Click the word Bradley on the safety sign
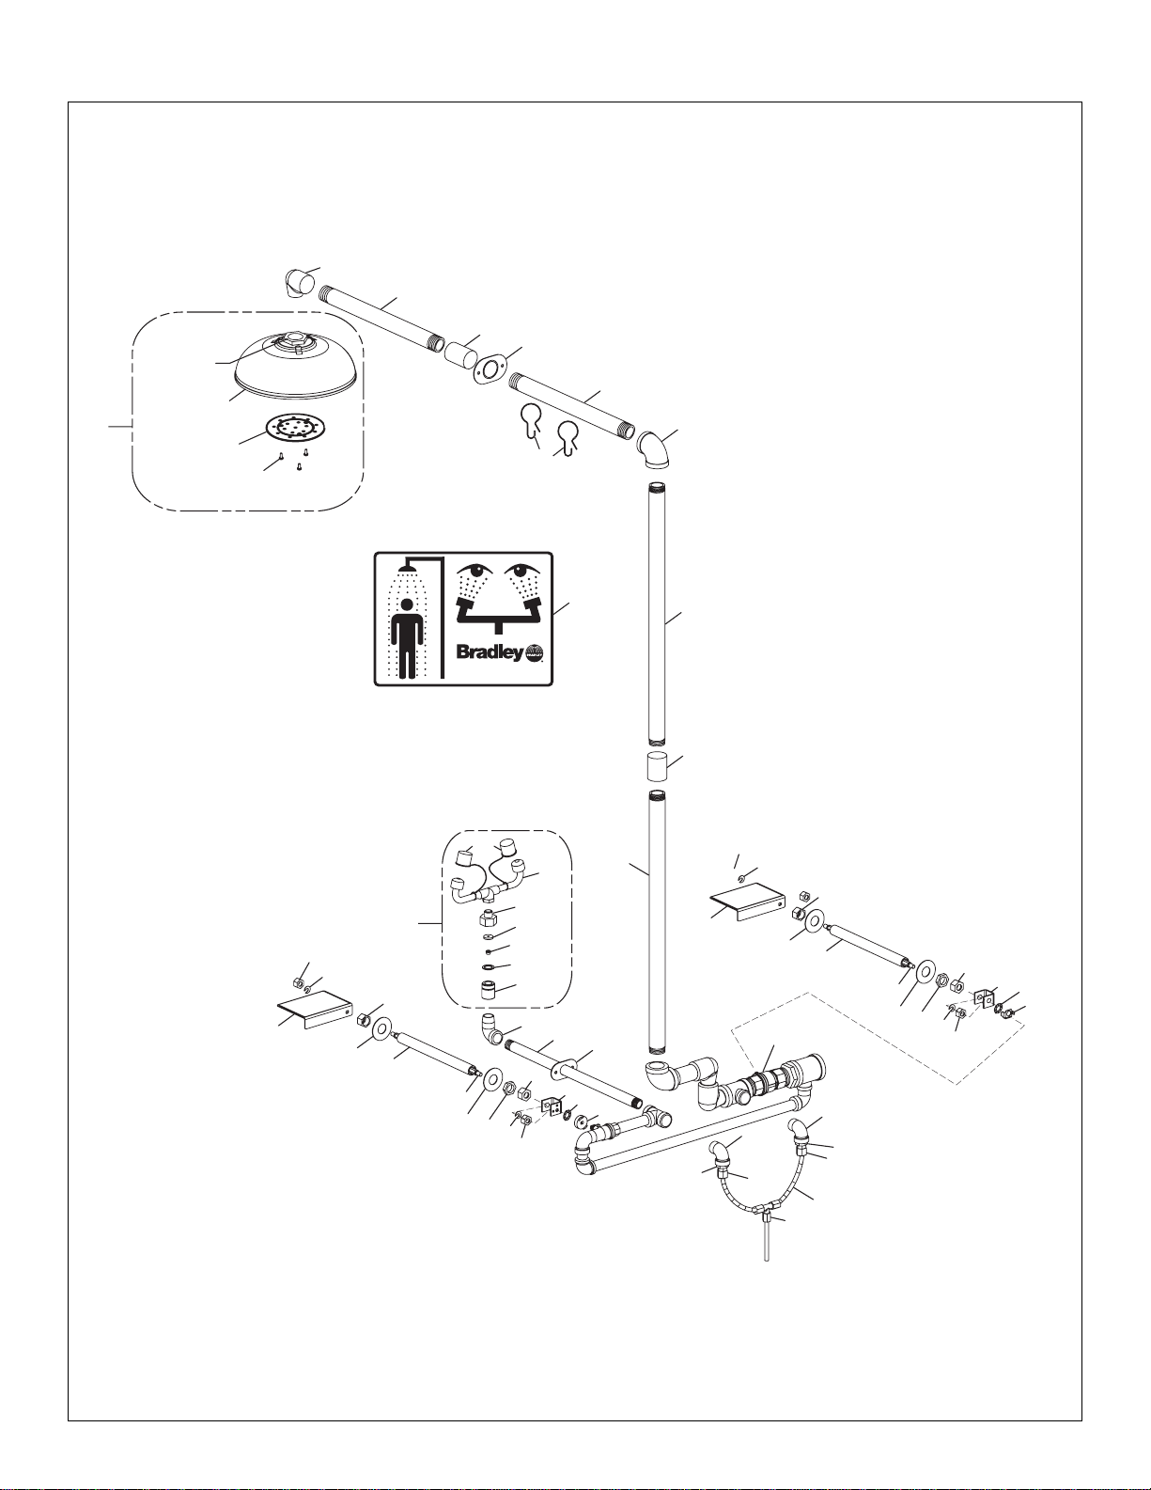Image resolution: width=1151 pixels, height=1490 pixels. tap(490, 652)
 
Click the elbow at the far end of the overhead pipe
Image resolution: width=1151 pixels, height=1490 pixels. tap(300, 283)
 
